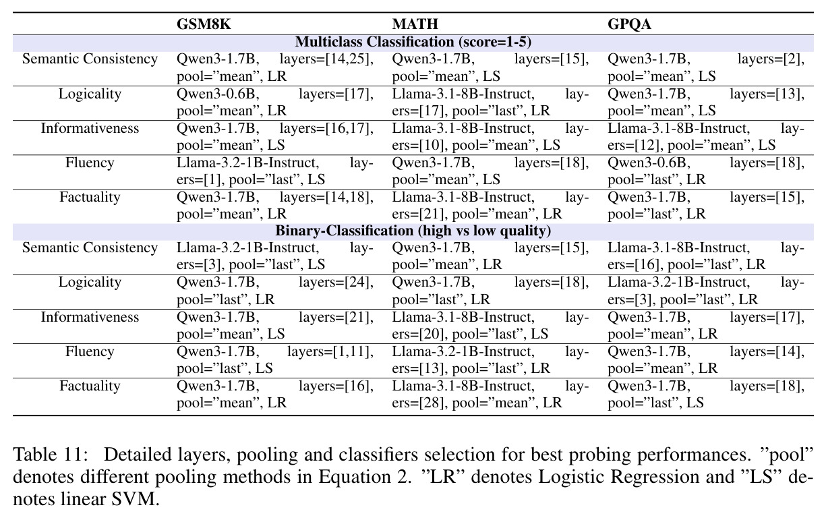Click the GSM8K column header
[x=204, y=24]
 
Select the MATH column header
[x=415, y=24]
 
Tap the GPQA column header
[x=629, y=24]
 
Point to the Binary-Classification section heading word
[x=345, y=231]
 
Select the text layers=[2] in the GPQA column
[x=771, y=59]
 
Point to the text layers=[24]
[x=336, y=282]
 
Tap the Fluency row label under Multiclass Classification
[x=90, y=163]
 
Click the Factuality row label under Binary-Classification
[x=90, y=386]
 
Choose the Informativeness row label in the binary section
[x=90, y=317]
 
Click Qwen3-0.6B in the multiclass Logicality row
[x=218, y=94]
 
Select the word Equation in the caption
[x=355, y=477]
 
